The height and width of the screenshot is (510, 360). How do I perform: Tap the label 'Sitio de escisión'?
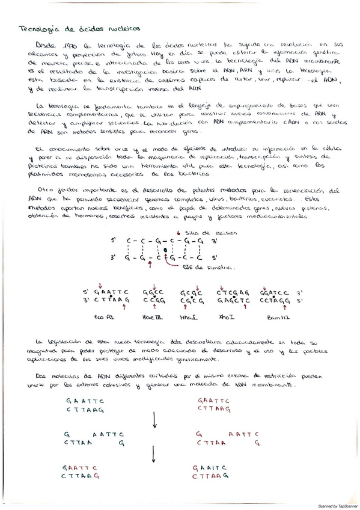[201, 232]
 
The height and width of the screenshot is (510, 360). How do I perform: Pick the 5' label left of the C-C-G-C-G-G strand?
[112, 241]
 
